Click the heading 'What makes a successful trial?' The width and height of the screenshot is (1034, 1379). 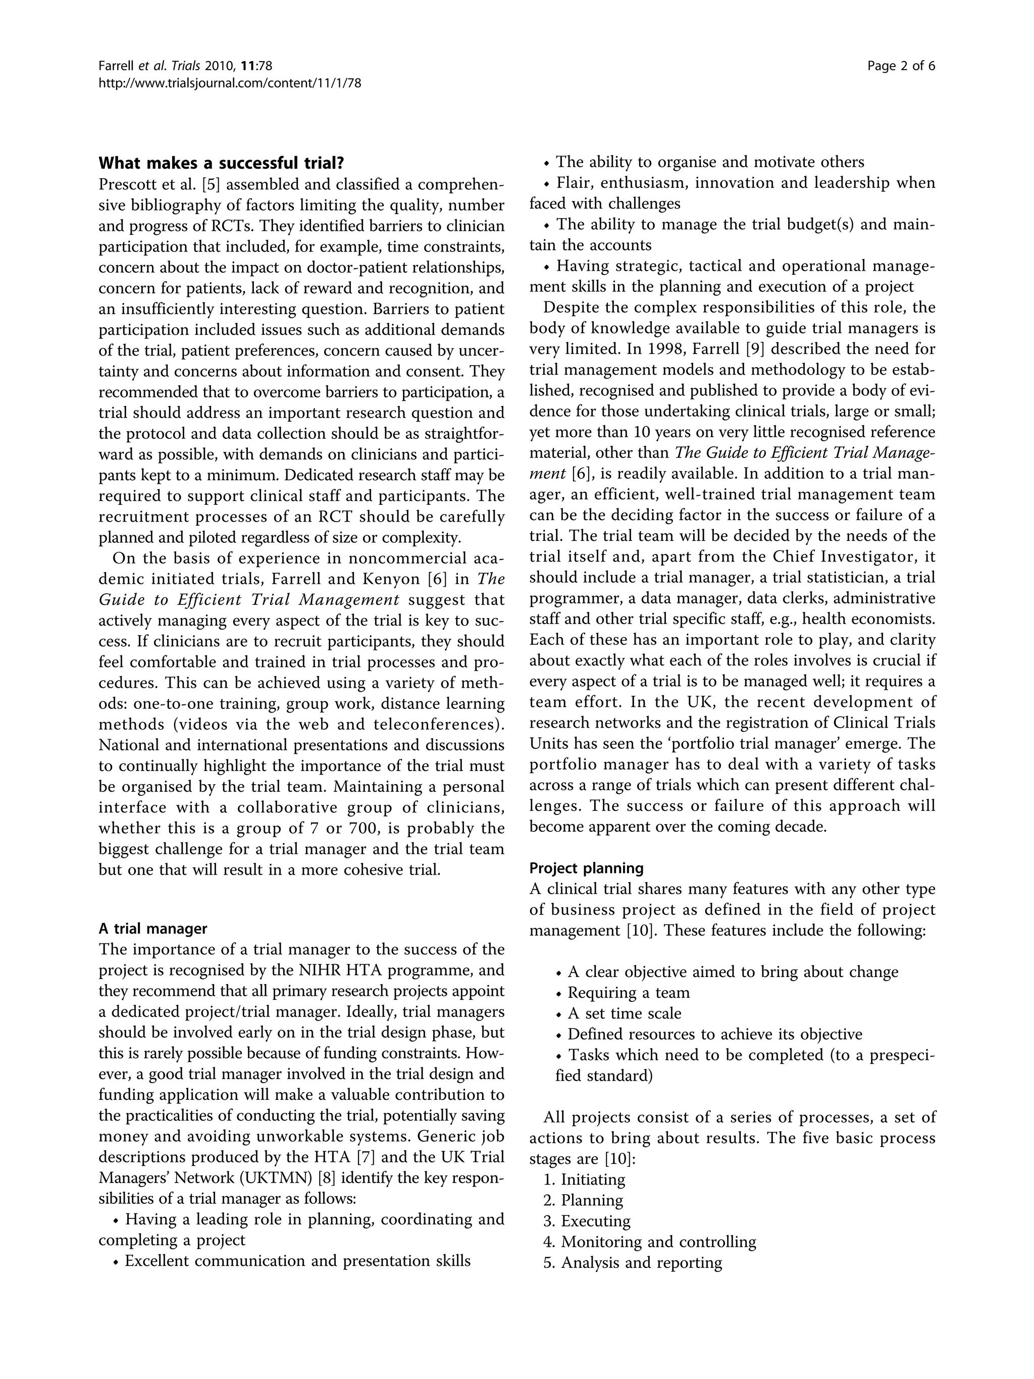coord(221,163)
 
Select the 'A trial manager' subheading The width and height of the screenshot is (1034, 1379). coord(152,928)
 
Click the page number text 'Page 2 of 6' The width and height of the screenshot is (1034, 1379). coord(901,66)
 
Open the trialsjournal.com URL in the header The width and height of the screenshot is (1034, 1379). coord(230,82)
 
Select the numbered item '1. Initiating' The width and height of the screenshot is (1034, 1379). coord(584,1180)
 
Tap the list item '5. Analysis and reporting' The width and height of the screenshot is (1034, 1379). coord(633,1262)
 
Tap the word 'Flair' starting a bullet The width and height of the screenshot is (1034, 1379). coord(574,183)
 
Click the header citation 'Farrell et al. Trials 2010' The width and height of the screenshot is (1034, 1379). coord(186,66)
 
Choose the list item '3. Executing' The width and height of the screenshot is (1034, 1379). coord(587,1220)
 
